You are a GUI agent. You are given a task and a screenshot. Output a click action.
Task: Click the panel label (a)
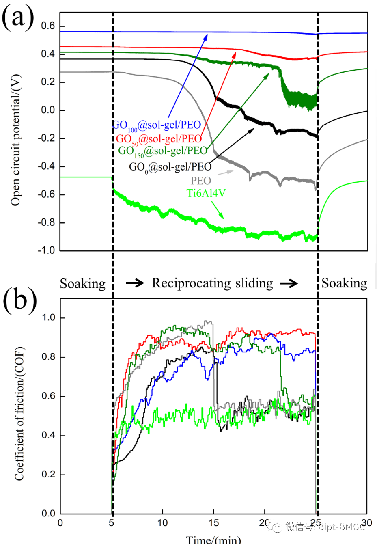click(x=18, y=18)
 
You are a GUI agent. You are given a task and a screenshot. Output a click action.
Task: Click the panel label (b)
click(x=19, y=300)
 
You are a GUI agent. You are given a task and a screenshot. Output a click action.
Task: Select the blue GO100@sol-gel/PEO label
click(x=157, y=126)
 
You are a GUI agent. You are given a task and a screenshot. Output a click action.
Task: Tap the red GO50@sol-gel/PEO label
click(x=159, y=139)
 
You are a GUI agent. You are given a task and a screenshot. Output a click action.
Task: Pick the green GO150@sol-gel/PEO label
click(x=163, y=151)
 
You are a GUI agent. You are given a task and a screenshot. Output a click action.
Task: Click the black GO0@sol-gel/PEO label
click(x=170, y=167)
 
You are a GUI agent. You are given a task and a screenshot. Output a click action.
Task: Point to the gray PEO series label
click(x=201, y=181)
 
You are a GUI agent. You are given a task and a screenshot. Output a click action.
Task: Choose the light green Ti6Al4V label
click(x=206, y=193)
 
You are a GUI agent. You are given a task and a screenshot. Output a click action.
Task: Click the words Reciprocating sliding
click(x=212, y=283)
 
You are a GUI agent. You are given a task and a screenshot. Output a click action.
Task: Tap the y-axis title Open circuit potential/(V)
click(x=15, y=140)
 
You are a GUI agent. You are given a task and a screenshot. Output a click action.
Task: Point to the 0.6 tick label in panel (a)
click(x=48, y=26)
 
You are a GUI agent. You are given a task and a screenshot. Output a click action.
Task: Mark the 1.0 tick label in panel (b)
click(x=48, y=317)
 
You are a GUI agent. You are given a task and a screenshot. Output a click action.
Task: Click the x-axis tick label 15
click(x=214, y=523)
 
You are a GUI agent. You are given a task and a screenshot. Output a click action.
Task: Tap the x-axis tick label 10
click(x=162, y=523)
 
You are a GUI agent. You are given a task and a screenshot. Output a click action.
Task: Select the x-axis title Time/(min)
click(x=213, y=539)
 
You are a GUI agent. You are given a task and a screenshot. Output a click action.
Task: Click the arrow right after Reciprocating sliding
click(x=289, y=283)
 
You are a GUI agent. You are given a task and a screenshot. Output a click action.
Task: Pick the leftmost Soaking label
click(x=83, y=283)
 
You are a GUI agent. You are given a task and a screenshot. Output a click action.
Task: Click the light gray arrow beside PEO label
click(x=226, y=173)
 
